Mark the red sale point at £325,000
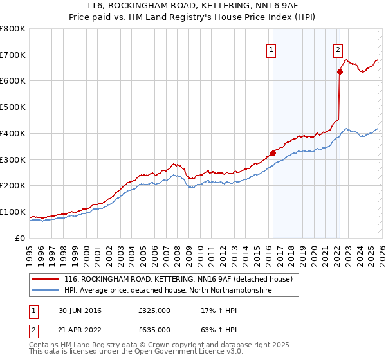tap(273, 153)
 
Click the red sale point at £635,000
tap(339, 72)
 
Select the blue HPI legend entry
tap(168, 291)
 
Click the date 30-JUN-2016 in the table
tap(80, 310)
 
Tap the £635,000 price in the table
tap(154, 330)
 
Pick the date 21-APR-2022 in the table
tap(80, 330)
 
